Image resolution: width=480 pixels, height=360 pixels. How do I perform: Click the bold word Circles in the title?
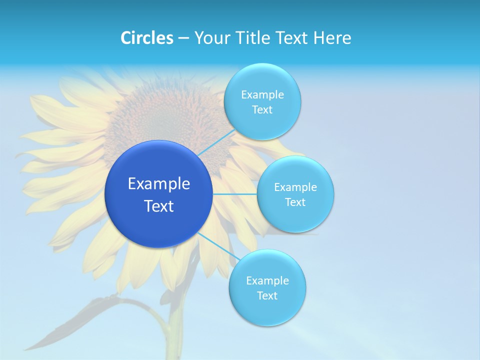point(146,38)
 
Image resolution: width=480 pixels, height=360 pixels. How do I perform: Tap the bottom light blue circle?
point(267,310)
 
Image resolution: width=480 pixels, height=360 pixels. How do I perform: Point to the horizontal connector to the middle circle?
point(234,194)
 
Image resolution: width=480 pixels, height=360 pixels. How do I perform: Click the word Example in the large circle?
point(159,184)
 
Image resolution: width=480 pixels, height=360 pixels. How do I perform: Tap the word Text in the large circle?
point(159,206)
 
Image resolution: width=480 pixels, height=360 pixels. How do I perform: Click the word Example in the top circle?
point(262,95)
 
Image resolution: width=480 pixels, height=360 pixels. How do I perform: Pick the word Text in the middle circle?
point(295,202)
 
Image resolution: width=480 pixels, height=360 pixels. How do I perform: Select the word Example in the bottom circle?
point(267,281)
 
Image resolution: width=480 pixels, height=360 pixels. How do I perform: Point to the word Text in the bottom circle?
point(267,296)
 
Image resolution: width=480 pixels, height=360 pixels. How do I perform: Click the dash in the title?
point(183,38)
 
